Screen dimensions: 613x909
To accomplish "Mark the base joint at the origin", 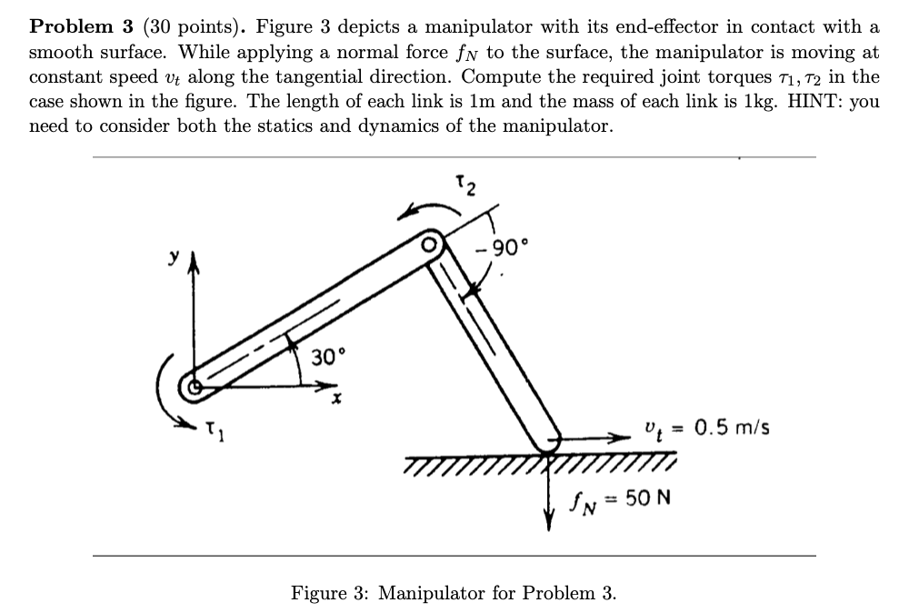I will click(193, 387).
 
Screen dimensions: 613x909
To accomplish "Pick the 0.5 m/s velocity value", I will click(732, 427).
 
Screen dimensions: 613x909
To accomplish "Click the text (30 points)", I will click(184, 25).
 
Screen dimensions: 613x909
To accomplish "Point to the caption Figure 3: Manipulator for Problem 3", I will click(454, 593).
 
